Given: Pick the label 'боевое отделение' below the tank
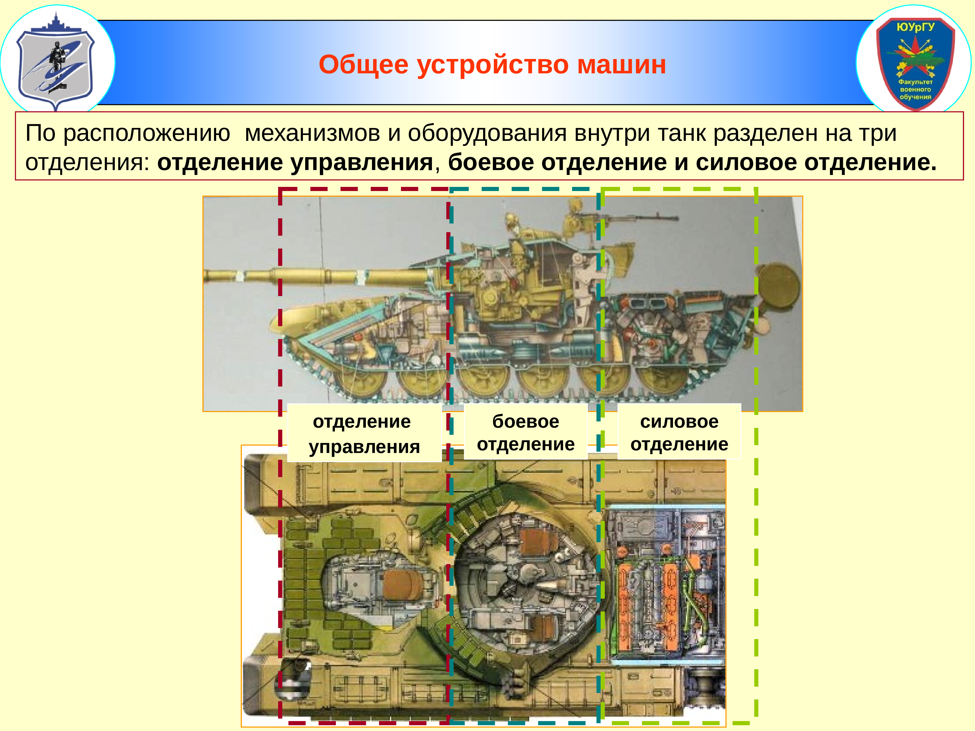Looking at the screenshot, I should pos(526,432).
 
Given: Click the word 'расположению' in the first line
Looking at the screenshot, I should pos(147,133).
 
